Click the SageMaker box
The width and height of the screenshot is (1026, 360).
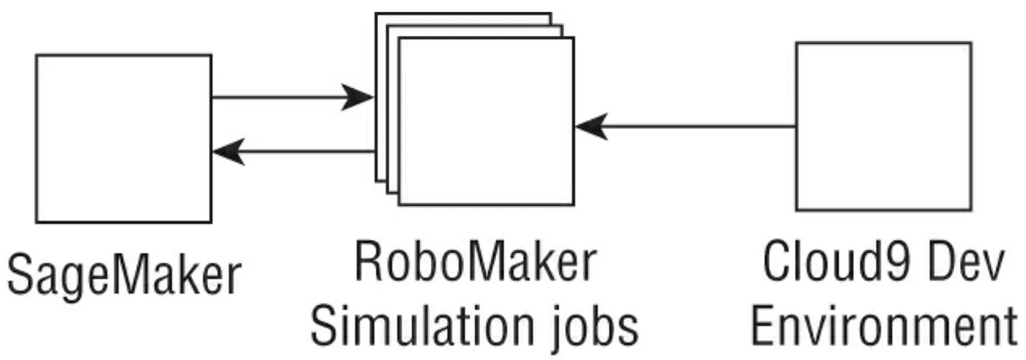click(x=123, y=138)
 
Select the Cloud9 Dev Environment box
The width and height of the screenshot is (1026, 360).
click(x=882, y=126)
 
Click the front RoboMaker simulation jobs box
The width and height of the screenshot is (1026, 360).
click(x=485, y=121)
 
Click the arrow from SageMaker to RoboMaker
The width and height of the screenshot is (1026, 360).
click(x=286, y=97)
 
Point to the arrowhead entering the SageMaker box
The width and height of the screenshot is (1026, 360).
click(x=227, y=152)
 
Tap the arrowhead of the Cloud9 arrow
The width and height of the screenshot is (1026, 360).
click(x=591, y=126)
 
